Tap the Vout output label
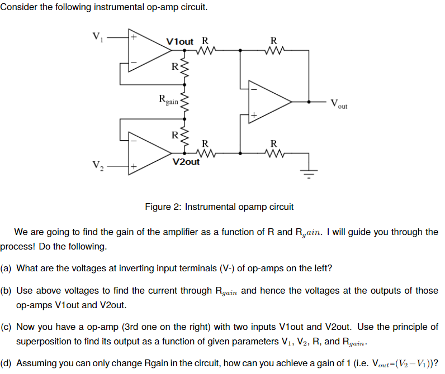338,103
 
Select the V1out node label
180,41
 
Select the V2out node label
186,162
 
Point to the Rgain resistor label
168,100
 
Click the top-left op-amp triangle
147,50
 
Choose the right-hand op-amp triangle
268,102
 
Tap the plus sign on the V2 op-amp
134,166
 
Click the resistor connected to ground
273,152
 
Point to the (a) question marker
6,268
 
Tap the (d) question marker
6,363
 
